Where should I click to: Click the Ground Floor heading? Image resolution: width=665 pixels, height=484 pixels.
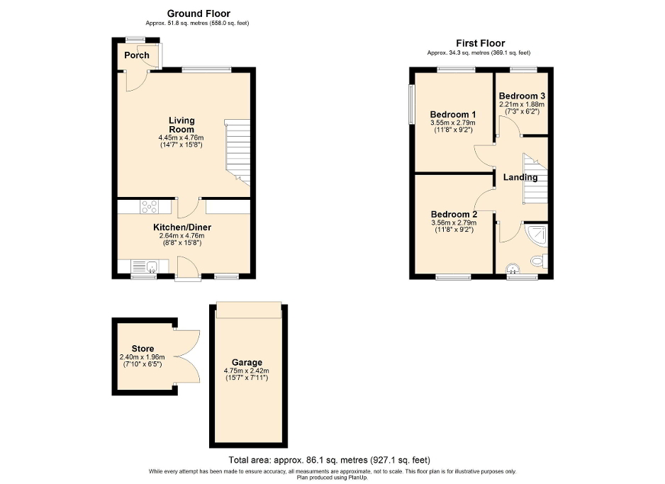pyautogui.click(x=199, y=13)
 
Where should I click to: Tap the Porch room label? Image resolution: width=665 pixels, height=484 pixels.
pyautogui.click(x=137, y=55)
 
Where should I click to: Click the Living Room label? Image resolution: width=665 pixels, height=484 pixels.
pyautogui.click(x=181, y=125)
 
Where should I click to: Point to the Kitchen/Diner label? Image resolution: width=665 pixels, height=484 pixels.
pyautogui.click(x=182, y=227)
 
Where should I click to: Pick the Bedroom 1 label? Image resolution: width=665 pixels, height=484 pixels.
pyautogui.click(x=453, y=115)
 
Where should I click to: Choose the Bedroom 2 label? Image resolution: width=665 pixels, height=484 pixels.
pyautogui.click(x=453, y=214)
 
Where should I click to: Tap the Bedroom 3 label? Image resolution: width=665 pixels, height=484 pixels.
pyautogui.click(x=522, y=96)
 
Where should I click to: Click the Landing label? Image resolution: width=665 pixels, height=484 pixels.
pyautogui.click(x=520, y=177)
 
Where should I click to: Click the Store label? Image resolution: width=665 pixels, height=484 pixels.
pyautogui.click(x=142, y=349)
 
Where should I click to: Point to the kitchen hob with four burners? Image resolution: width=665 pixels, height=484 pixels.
pyautogui.click(x=150, y=207)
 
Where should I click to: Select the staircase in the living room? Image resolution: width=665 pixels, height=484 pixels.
pyautogui.click(x=238, y=149)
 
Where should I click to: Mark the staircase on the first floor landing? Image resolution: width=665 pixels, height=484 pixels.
pyautogui.click(x=535, y=177)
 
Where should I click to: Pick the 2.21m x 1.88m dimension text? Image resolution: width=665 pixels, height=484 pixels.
pyautogui.click(x=522, y=105)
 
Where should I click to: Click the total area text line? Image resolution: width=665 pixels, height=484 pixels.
pyautogui.click(x=329, y=460)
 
